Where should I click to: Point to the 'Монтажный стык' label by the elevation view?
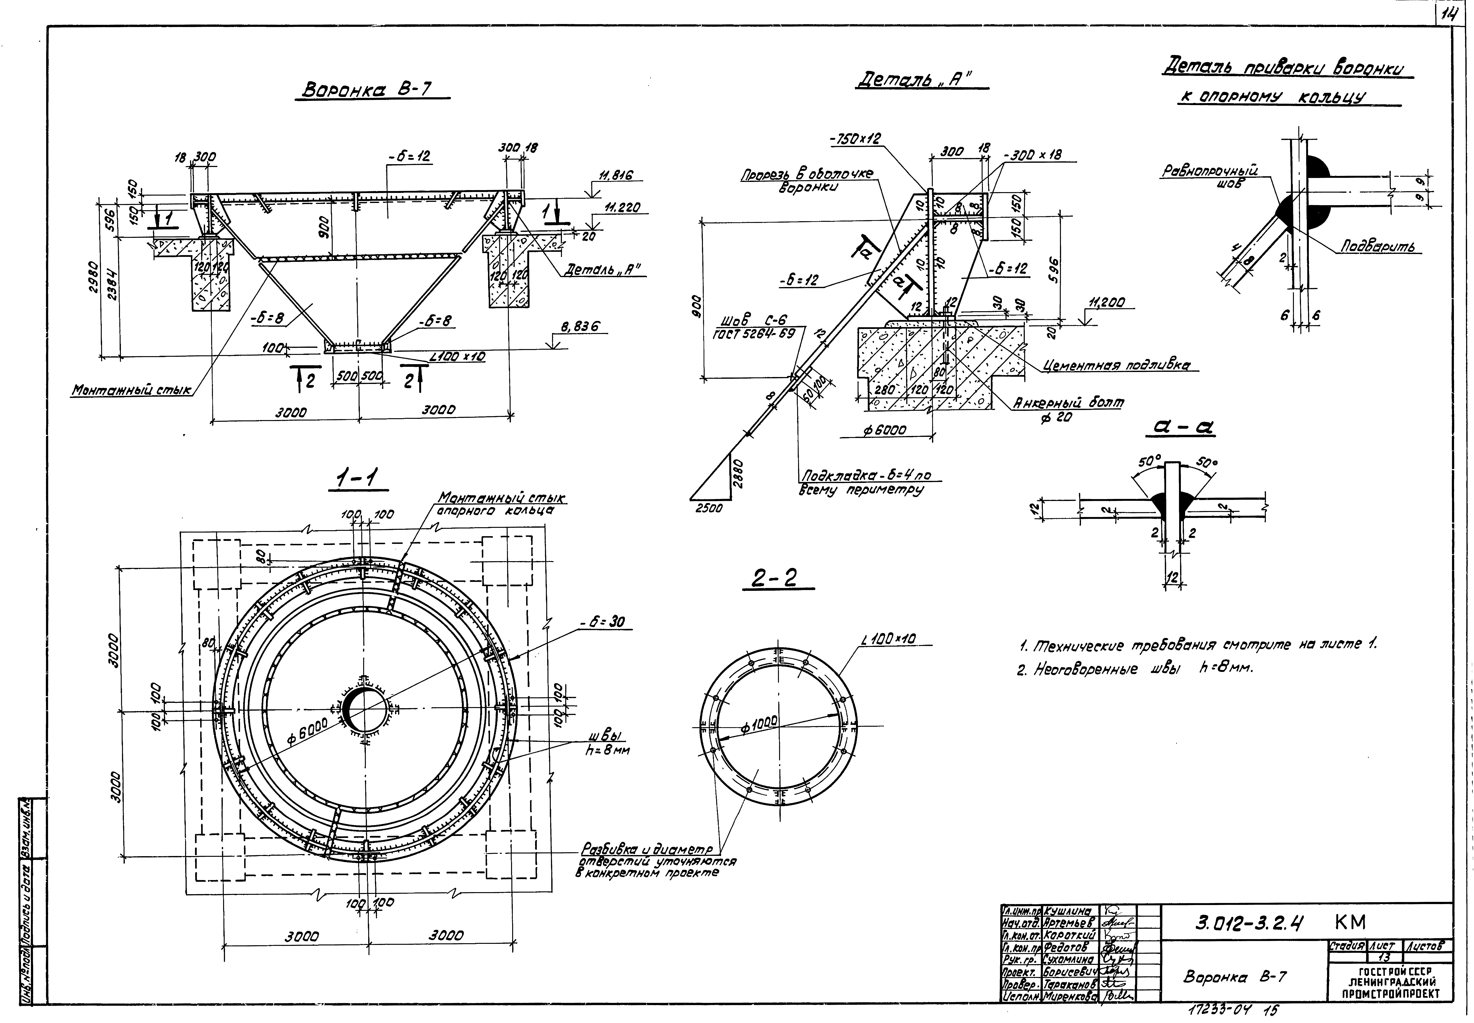(131, 389)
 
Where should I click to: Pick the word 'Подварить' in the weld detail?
(1377, 247)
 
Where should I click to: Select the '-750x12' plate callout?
(855, 138)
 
